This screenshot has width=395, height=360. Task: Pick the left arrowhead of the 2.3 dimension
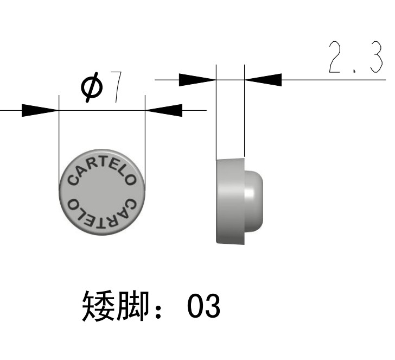[197, 79]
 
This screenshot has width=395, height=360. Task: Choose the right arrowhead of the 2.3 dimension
[264, 79]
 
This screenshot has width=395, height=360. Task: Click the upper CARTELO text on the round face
[101, 169]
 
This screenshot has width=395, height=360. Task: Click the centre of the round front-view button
[102, 191]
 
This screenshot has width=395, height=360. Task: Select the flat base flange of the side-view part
[229, 201]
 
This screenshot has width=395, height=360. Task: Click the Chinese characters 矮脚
[115, 306]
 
